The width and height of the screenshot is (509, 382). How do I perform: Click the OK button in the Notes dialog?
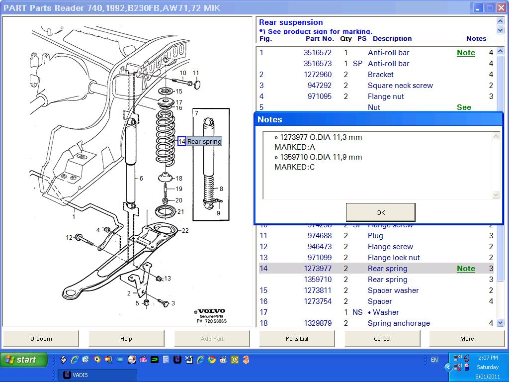coord(380,212)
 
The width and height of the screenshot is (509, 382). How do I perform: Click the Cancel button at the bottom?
coord(382,339)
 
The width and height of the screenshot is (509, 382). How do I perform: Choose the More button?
coord(467,339)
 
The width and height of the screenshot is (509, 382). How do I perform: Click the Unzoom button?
coord(41,339)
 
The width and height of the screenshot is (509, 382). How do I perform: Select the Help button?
coord(126,339)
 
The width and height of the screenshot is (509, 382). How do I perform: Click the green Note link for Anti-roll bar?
coord(466,53)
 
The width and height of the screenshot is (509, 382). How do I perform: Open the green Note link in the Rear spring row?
coord(466,269)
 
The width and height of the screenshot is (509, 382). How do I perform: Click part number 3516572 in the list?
coord(318,53)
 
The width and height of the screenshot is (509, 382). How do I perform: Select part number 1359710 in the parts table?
coord(318,280)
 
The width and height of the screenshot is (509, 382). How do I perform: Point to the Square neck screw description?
coord(400,86)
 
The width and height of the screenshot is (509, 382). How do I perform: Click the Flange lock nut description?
coord(394,258)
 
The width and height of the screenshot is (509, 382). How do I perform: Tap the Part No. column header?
coord(320,39)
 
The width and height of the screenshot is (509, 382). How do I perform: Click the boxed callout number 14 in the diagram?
coord(182,141)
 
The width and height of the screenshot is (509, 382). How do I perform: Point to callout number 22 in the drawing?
coord(185,230)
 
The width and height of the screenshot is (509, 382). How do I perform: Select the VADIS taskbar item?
coord(97,375)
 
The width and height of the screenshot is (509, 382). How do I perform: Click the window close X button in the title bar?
coord(501,7)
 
